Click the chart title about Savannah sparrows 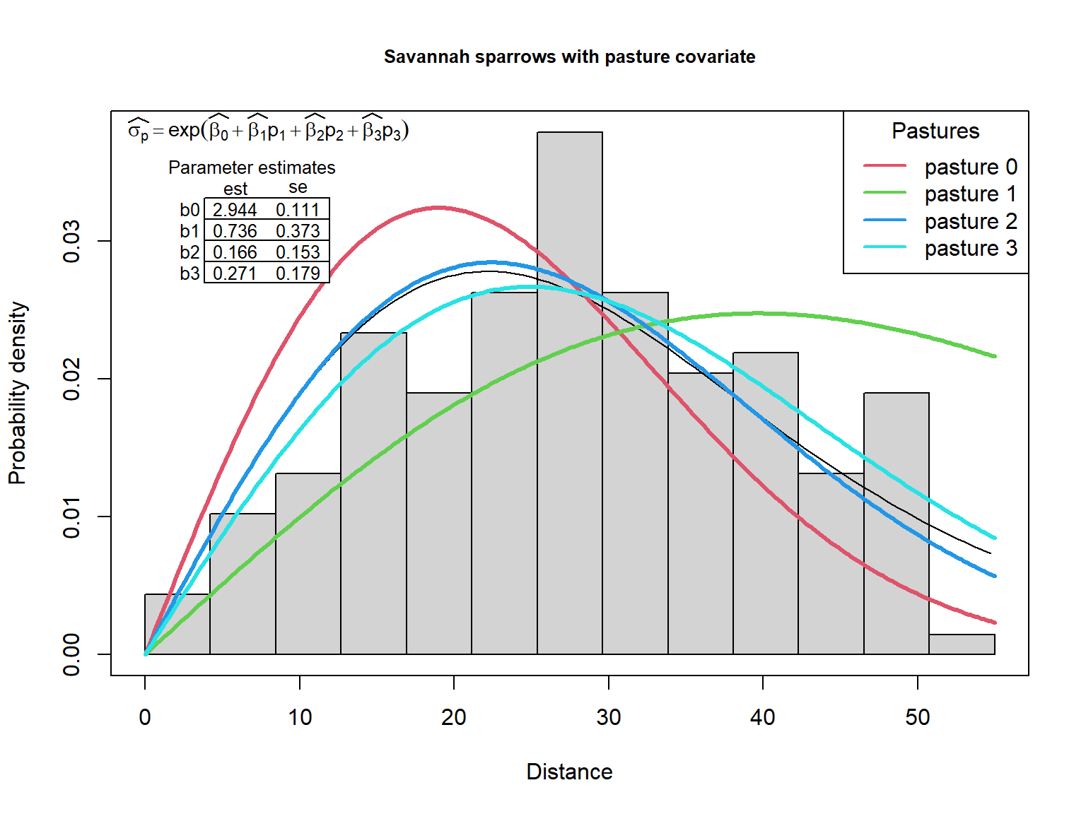coord(569,57)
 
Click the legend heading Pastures coord(935,131)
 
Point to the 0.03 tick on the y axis coord(71,241)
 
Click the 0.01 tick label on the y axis coord(71,517)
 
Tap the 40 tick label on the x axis coord(762,717)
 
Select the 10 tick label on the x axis coord(299,717)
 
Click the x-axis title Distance coord(569,772)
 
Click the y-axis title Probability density coord(17,393)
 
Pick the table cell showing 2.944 coord(235,210)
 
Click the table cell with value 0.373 coord(298,231)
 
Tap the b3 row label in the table coord(189,273)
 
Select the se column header coord(298,187)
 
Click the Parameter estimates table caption coord(252,167)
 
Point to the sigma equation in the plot coord(269,131)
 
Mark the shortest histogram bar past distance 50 coord(962,644)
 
